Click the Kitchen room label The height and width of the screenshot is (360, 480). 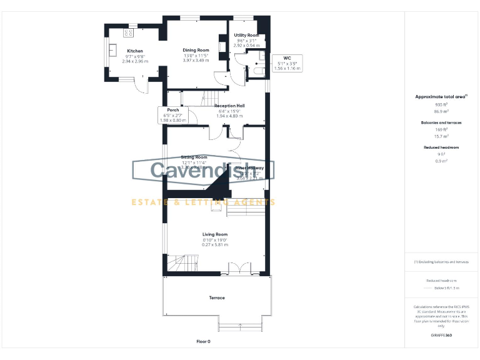pyautogui.click(x=135, y=51)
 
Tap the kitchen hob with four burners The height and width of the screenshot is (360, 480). pyautogui.click(x=129, y=32)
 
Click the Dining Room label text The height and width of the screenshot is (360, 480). pyautogui.click(x=196, y=50)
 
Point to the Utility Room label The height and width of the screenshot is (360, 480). pyautogui.click(x=246, y=36)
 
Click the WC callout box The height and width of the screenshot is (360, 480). pyautogui.click(x=287, y=63)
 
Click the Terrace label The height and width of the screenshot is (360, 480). pyautogui.click(x=216, y=297)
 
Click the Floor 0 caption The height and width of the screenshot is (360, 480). pyautogui.click(x=204, y=342)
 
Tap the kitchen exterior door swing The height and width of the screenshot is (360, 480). pyautogui.click(x=141, y=86)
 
